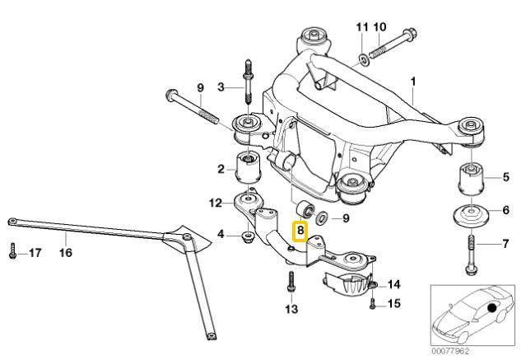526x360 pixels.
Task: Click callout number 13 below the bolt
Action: click(289, 310)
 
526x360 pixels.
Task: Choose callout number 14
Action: click(394, 284)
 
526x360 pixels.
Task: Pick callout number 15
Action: click(394, 305)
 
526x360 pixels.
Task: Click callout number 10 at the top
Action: click(379, 27)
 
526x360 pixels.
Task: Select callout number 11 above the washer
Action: click(361, 27)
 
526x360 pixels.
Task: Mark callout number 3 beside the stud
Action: click(221, 86)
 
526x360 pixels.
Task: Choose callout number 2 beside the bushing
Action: click(221, 170)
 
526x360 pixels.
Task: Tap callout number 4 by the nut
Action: click(221, 236)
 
